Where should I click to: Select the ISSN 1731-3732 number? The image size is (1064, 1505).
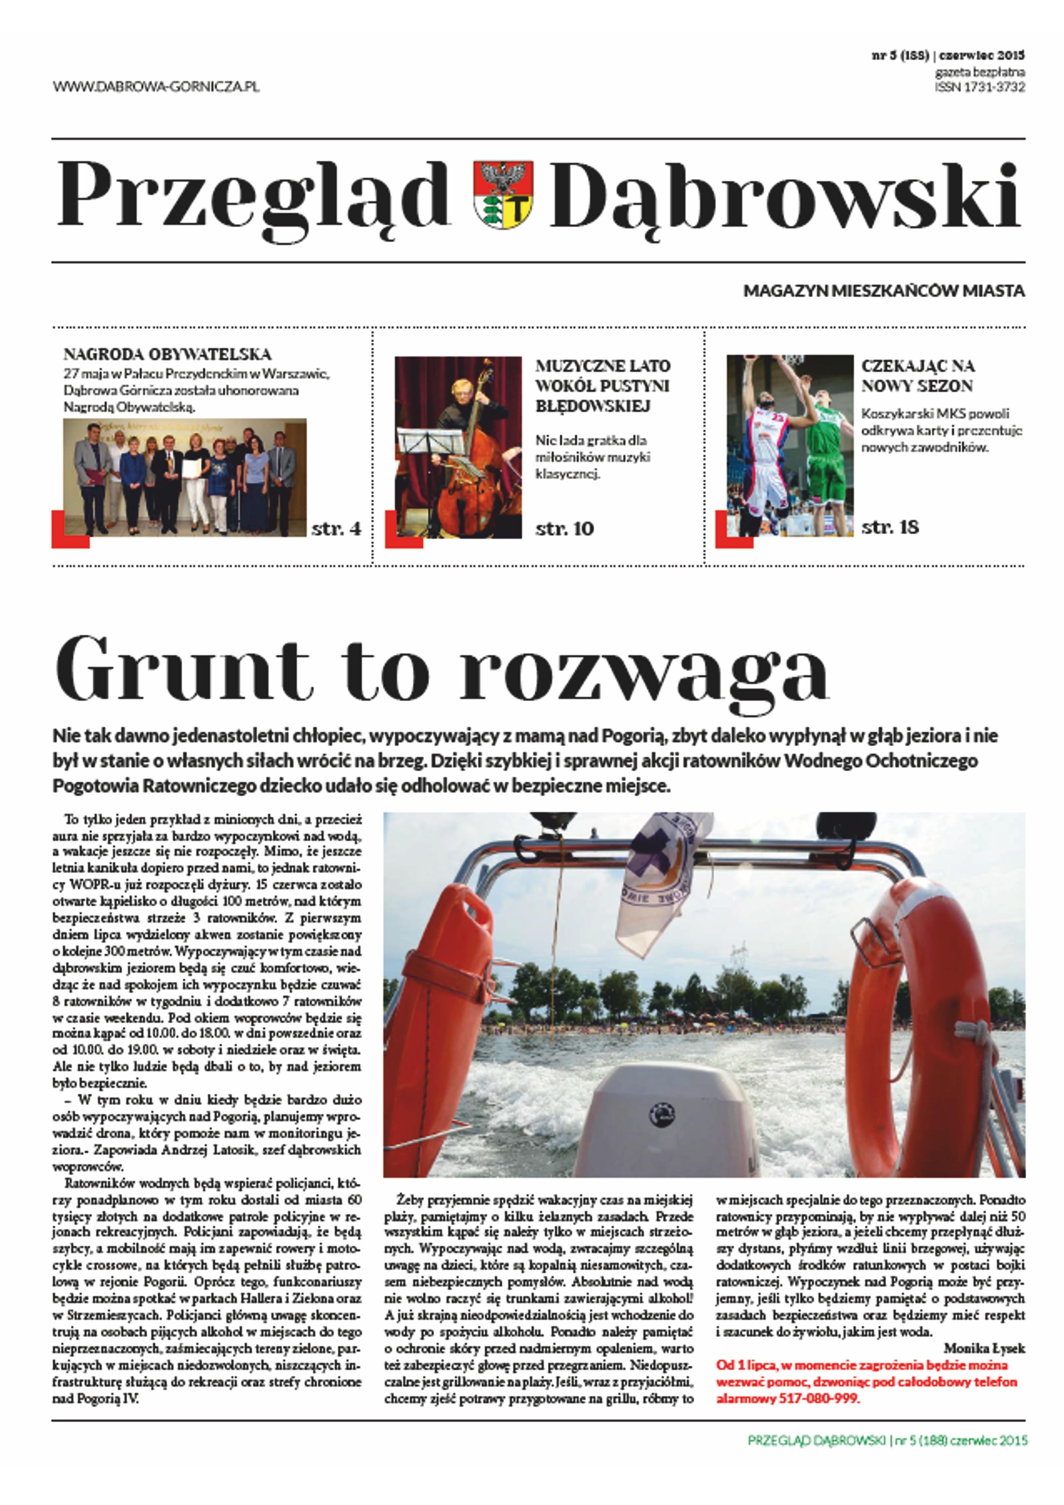(979, 87)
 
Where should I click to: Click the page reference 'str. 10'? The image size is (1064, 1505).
(564, 528)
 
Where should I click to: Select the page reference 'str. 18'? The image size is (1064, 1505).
(890, 527)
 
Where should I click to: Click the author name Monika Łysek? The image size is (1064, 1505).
(984, 1348)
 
